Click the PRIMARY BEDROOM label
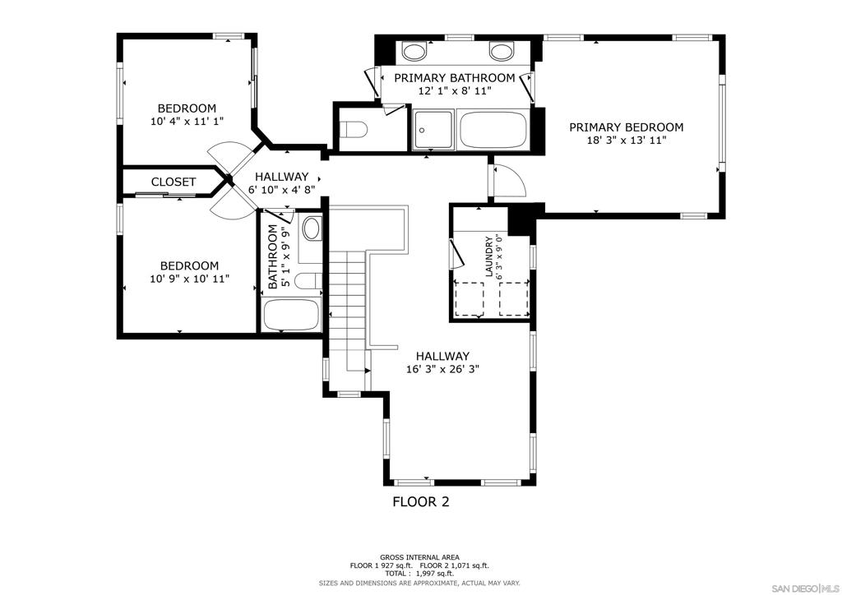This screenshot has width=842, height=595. point(626,127)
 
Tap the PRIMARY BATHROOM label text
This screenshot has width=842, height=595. point(454,78)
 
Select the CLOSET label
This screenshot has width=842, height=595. point(173,182)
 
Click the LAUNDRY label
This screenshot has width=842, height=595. point(488,257)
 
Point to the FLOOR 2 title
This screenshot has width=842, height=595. point(421,501)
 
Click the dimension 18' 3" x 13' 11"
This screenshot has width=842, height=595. point(626,141)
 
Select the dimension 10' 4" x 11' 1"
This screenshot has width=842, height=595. point(187,122)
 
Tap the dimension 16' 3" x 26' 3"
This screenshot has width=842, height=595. point(442,369)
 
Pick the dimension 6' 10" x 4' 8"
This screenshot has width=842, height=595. point(281,189)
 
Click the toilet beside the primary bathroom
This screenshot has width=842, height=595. point(354,129)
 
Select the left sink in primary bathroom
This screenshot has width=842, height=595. point(414,52)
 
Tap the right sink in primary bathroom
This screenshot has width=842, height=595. point(501,52)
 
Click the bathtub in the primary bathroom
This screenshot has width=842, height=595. point(494,129)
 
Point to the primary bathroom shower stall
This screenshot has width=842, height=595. point(433,129)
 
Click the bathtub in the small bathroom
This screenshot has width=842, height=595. point(290,315)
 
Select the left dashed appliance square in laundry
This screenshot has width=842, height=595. point(470,298)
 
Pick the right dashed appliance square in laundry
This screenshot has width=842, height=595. point(514,298)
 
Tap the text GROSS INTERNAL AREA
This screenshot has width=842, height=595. point(419,557)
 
